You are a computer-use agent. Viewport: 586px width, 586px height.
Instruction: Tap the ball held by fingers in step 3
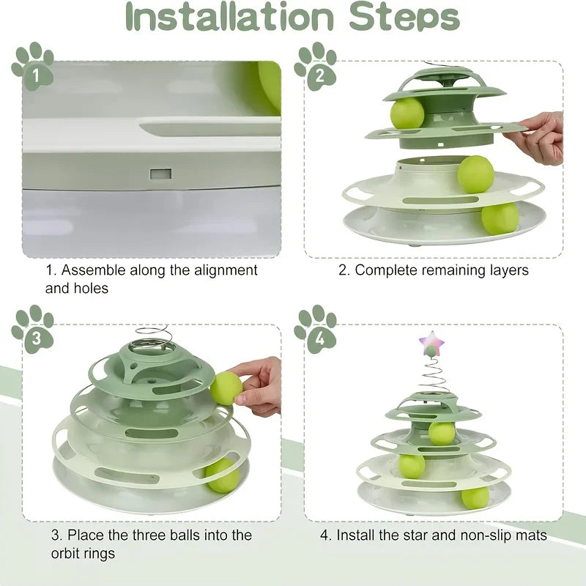tap(226, 387)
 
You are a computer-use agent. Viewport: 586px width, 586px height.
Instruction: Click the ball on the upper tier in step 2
tap(407, 113)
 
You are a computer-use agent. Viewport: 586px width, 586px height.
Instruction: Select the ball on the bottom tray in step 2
tap(500, 218)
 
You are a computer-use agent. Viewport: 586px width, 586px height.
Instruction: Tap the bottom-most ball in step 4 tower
tap(475, 497)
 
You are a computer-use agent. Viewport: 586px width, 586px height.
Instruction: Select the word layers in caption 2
tap(508, 270)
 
